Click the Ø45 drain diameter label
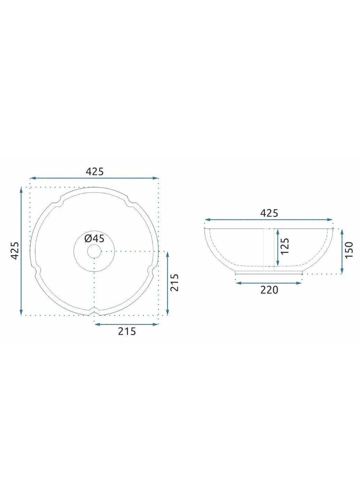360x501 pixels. [94, 239]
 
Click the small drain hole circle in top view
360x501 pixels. [94, 251]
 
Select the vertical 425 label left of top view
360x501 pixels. [15, 250]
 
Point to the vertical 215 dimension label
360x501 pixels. [174, 283]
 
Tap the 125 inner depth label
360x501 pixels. [285, 246]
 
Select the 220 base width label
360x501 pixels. [269, 290]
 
